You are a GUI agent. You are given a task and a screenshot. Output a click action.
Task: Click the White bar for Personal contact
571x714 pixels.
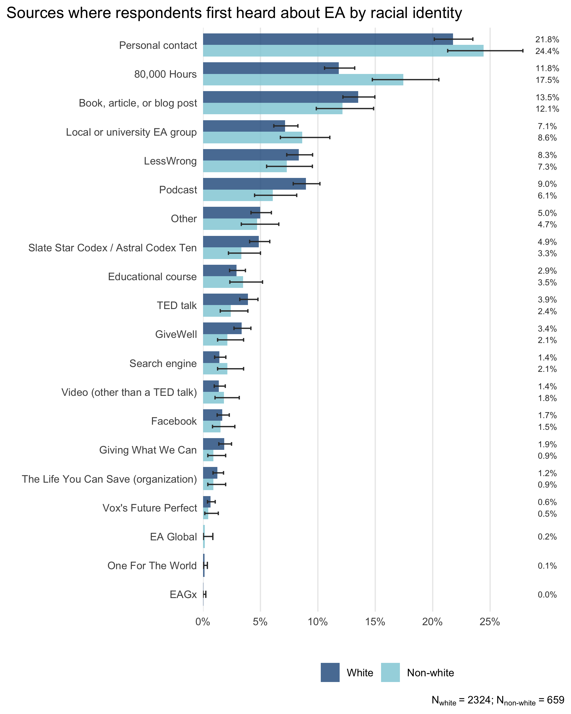point(328,39)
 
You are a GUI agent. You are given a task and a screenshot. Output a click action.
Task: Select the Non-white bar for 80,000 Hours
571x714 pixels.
point(303,80)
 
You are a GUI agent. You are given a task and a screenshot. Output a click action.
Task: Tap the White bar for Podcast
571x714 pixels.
point(255,184)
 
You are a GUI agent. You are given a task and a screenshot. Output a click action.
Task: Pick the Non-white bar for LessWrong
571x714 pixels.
point(245,166)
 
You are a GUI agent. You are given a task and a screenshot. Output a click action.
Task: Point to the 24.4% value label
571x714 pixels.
point(547,51)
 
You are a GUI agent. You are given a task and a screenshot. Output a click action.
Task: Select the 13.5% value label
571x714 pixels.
point(547,97)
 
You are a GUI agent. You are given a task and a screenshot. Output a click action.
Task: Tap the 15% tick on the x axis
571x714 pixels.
point(375,622)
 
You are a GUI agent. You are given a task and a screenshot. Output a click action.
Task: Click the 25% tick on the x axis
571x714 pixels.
point(490,622)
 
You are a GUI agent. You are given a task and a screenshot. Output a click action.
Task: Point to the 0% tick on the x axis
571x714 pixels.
point(203,622)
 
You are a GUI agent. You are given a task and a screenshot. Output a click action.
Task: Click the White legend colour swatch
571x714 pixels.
point(330,672)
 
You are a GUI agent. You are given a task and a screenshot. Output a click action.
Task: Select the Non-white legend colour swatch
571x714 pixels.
point(390,672)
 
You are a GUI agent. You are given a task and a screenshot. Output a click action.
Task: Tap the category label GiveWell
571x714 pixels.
point(176,334)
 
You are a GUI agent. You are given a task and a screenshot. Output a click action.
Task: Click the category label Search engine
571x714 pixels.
point(163,363)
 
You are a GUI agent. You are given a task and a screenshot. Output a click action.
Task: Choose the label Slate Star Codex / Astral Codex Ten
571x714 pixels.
point(112,248)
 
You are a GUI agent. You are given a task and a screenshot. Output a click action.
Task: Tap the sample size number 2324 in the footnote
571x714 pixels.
point(479,700)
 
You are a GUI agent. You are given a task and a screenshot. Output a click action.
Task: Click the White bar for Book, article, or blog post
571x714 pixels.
point(280,97)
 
